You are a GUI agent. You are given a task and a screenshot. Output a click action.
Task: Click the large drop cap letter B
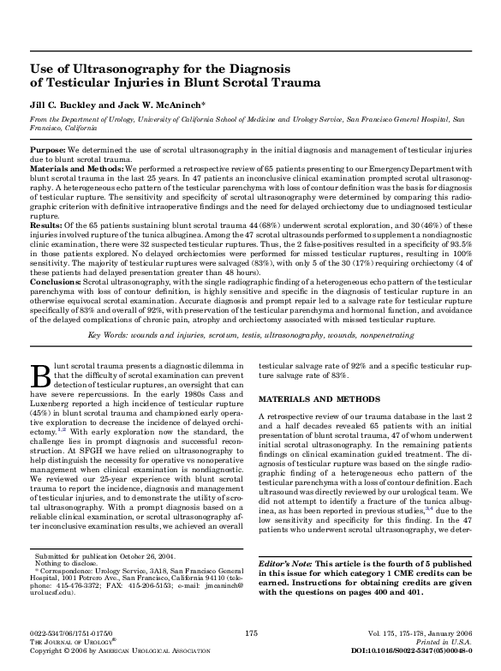39,375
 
